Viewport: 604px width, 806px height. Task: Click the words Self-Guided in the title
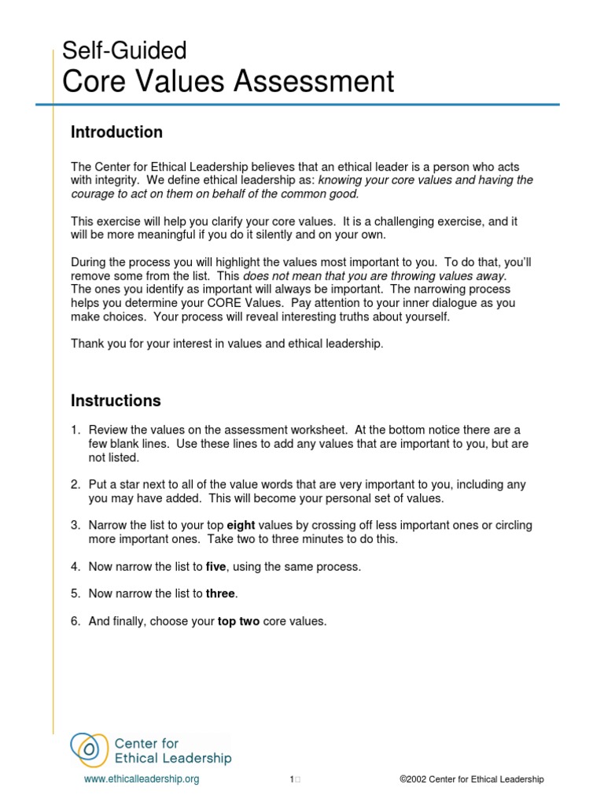click(124, 50)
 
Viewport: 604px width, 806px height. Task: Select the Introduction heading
click(116, 132)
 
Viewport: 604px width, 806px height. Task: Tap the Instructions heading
click(116, 401)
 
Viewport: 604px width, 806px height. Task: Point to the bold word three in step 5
click(220, 593)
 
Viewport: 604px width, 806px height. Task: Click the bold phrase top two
click(238, 621)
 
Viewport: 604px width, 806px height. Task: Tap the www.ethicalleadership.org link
click(142, 779)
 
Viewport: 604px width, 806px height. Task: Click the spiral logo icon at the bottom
click(90, 749)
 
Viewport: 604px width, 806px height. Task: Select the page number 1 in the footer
click(291, 779)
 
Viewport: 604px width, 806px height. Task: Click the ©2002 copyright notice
click(471, 779)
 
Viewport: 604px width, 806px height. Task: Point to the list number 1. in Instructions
click(75, 430)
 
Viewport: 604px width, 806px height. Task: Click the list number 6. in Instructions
click(75, 621)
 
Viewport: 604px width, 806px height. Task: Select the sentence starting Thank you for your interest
click(227, 343)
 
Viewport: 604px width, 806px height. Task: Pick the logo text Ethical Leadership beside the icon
click(173, 759)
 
